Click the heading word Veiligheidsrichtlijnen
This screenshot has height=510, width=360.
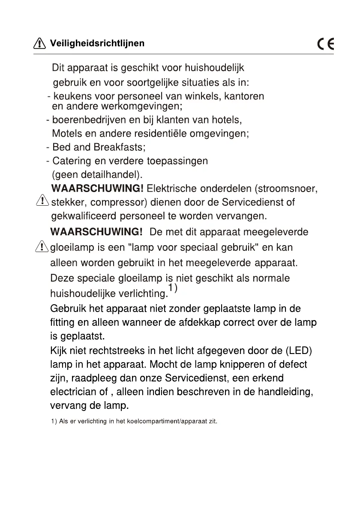97,43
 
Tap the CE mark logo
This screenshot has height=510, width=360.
326,44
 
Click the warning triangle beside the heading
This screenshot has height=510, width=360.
39,43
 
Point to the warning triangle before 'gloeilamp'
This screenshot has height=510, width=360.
42,246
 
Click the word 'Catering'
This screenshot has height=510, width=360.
71,161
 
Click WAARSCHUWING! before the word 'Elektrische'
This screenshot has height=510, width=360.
97,189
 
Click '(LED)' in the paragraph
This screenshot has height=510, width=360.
299,351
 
